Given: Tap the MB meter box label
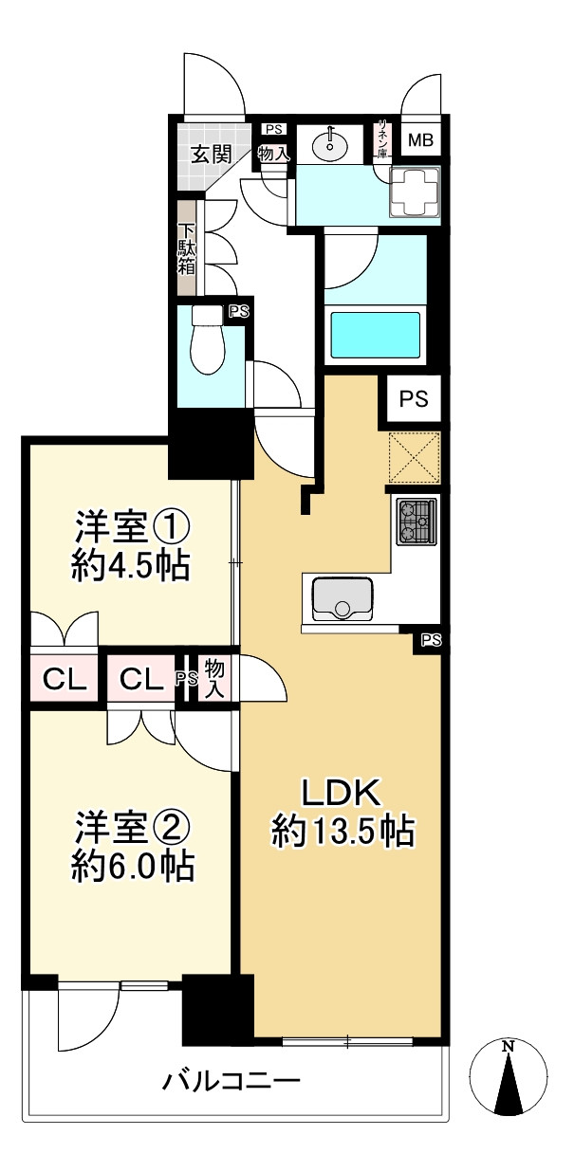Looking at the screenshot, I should (x=420, y=141).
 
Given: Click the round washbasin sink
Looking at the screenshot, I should (x=331, y=143).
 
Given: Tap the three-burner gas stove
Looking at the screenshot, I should (x=417, y=522).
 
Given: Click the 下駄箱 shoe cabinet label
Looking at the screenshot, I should (x=187, y=248).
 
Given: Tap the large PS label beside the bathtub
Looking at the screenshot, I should (x=413, y=399).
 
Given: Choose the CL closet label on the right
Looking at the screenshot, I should (x=143, y=679).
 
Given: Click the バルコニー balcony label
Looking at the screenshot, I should (x=231, y=1080).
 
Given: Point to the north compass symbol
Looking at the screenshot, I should (x=509, y=1079).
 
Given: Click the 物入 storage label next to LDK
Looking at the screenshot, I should (x=215, y=680).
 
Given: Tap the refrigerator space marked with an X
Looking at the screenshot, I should (x=414, y=458).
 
